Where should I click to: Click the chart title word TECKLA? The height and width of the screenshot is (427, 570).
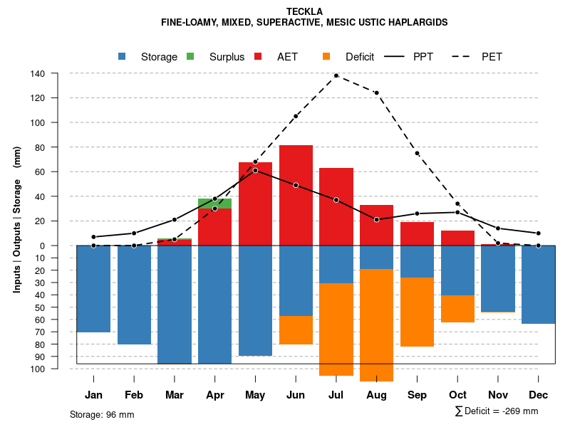coord(304,11)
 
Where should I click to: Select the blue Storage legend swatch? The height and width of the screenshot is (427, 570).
coord(122,56)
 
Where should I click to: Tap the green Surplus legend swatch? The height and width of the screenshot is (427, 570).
coord(190,56)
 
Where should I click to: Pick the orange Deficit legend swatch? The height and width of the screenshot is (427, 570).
coord(326,56)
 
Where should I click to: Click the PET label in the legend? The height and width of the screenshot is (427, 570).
coord(492,57)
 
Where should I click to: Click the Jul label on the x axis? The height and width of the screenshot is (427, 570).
coord(336,395)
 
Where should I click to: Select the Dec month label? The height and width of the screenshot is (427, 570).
coord(539,395)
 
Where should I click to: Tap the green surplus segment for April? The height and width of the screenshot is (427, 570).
coord(214,204)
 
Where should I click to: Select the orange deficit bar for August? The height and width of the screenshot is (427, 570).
coord(377,325)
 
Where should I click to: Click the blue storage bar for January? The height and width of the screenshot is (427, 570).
coord(93,288)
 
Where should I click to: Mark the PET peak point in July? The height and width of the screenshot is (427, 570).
coord(336,75)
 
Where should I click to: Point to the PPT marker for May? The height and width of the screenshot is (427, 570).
coord(255,171)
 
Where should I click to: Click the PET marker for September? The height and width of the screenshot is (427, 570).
coord(417,154)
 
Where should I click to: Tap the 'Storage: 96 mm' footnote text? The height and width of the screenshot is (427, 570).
coord(102,414)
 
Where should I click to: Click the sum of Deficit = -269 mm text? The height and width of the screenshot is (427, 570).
coord(497,411)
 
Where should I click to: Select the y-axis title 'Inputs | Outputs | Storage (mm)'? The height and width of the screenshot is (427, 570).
coord(17,219)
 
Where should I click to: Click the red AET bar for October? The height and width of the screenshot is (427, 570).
coord(457,238)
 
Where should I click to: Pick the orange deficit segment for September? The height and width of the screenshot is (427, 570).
coord(417,312)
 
